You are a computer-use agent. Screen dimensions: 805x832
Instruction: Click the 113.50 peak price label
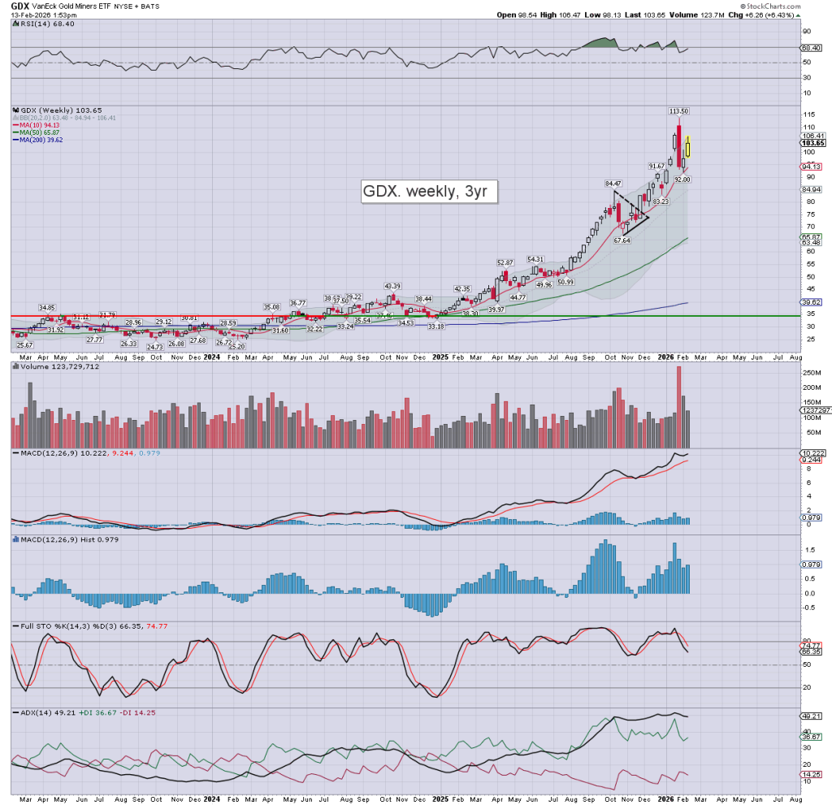pyautogui.click(x=678, y=110)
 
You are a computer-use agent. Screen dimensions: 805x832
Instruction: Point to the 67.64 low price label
pyautogui.click(x=622, y=240)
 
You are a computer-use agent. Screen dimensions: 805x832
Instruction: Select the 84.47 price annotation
pyautogui.click(x=612, y=184)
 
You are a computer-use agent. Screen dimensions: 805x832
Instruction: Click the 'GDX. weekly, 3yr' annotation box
pyautogui.click(x=428, y=193)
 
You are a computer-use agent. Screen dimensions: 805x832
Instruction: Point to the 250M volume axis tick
pyautogui.click(x=812, y=372)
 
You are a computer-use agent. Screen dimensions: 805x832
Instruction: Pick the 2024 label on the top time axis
pyautogui.click(x=211, y=356)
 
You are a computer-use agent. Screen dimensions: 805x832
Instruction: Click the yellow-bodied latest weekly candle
pyautogui.click(x=687, y=149)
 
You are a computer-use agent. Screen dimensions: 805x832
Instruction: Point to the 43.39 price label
pyautogui.click(x=392, y=286)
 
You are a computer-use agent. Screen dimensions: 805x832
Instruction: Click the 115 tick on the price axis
pyautogui.click(x=809, y=127)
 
